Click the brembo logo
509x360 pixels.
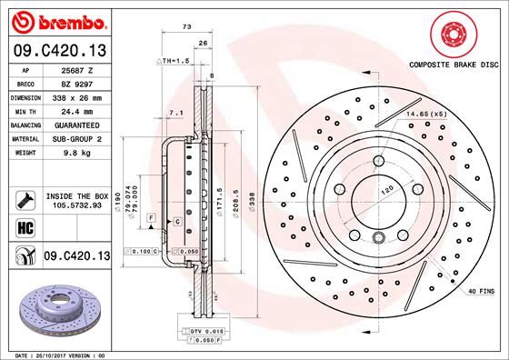pos(56,20)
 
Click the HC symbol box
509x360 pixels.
pos(24,226)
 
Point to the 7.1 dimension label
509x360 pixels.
pos(175,113)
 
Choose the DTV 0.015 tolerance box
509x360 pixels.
pos(203,333)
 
